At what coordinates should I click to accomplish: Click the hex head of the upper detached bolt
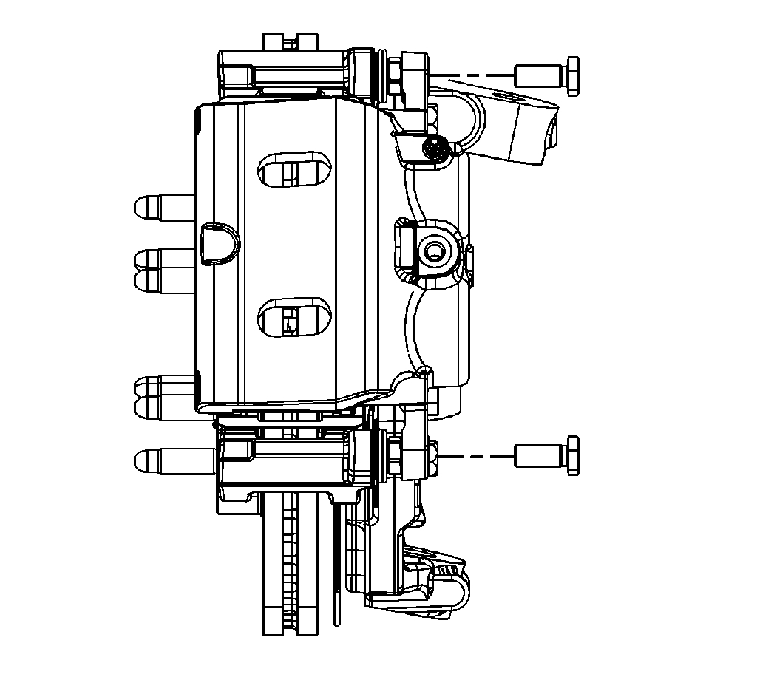click(x=571, y=75)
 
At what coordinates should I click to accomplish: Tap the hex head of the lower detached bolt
click(x=571, y=455)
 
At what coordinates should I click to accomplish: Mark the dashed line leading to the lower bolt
click(x=473, y=456)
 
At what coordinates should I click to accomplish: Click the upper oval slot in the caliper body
click(x=294, y=169)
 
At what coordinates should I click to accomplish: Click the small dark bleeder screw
click(x=435, y=149)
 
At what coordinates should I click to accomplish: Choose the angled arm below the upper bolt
click(x=514, y=126)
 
